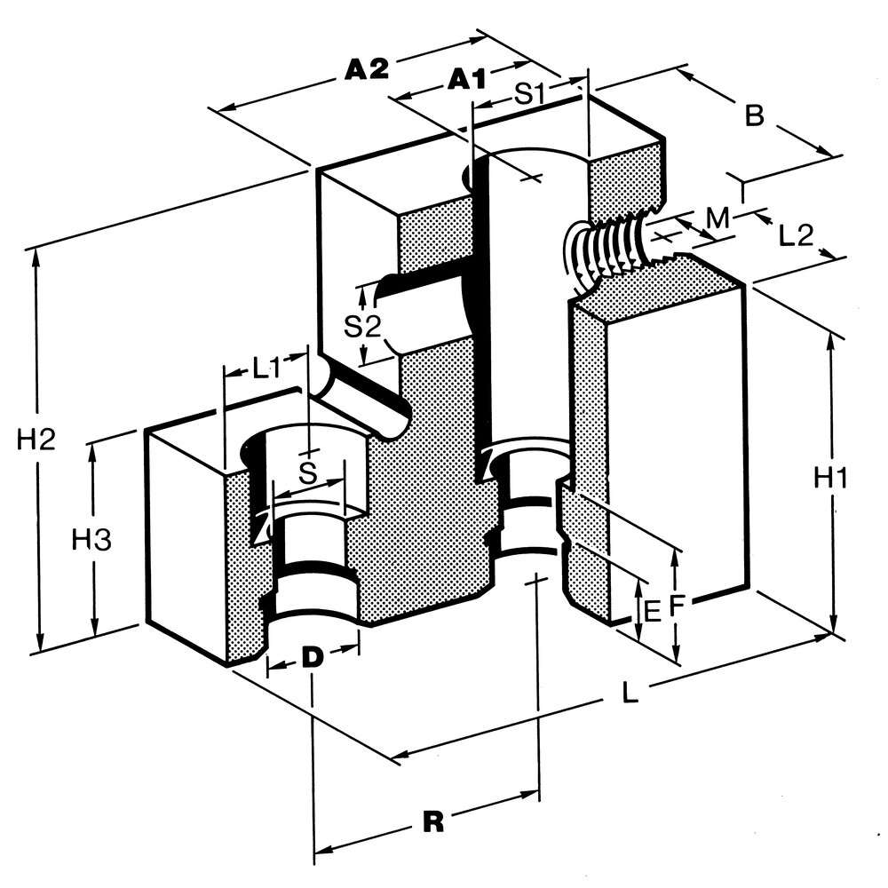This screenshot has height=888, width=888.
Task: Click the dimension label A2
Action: [367, 69]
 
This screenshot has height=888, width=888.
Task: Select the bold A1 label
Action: [467, 79]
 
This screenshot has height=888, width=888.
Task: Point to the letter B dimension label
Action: [754, 115]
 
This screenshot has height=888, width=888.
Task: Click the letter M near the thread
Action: [718, 218]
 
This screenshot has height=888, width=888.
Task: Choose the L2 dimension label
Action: [796, 235]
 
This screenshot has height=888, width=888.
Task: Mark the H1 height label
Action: [829, 480]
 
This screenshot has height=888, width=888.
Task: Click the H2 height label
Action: [36, 440]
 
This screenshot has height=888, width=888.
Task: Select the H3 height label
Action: [91, 540]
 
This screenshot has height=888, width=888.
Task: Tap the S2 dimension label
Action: [362, 327]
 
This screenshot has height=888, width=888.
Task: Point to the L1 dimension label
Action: [266, 369]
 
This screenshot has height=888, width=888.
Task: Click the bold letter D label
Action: [312, 657]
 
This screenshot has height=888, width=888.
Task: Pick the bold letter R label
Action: [433, 822]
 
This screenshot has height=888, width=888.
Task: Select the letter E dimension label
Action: [653, 612]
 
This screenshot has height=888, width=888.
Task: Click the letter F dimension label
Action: [678, 606]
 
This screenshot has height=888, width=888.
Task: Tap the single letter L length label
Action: [630, 693]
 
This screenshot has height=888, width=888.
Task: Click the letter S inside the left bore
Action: [307, 473]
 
